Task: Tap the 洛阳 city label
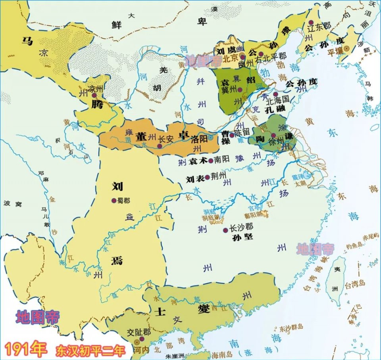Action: coord(199,139)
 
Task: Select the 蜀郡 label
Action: coord(124,201)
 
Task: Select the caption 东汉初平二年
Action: coord(91,351)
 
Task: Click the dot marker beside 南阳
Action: coord(210,161)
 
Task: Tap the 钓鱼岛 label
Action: coord(353,246)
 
